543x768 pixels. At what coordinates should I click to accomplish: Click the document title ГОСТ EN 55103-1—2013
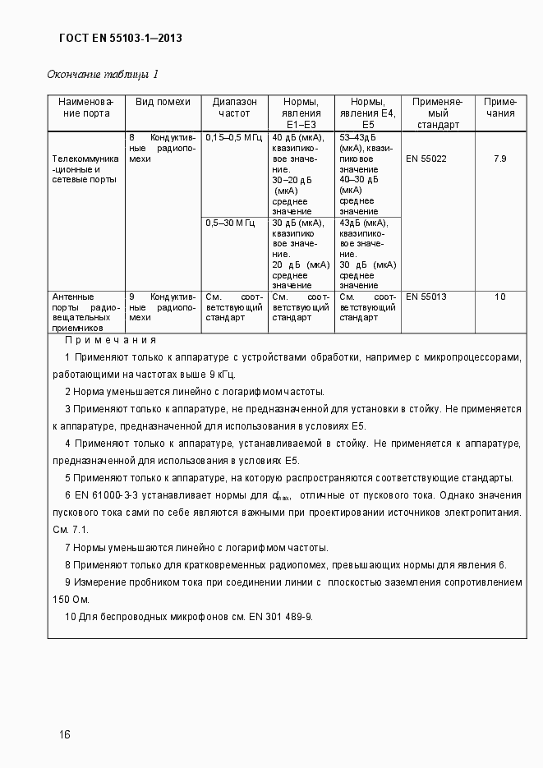tap(121, 38)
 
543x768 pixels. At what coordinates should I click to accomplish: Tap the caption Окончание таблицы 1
tap(102, 75)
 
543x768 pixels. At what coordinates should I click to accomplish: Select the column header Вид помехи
tap(163, 102)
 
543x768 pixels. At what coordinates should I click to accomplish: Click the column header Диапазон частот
tap(234, 108)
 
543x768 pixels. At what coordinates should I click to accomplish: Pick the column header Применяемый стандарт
tap(438, 113)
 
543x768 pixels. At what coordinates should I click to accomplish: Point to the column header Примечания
tap(499, 108)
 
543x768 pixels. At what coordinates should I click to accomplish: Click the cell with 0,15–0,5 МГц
tap(233, 137)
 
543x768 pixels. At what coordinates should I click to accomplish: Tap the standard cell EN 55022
tap(426, 159)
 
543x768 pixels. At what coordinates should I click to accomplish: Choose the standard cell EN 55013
tap(426, 297)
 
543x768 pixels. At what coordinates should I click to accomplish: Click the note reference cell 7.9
tap(499, 159)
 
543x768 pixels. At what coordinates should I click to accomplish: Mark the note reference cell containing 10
tap(499, 297)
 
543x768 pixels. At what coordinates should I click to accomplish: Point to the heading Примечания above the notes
tap(110, 340)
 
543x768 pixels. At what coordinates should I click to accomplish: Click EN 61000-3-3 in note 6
tap(109, 495)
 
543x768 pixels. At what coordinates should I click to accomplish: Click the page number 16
tap(64, 734)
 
